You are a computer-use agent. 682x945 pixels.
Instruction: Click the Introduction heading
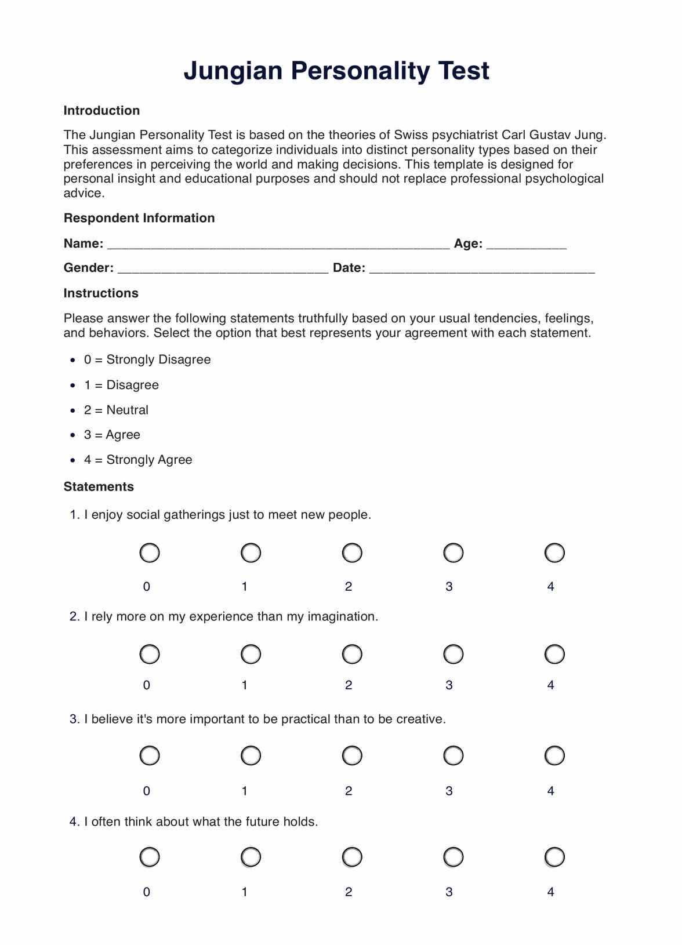(101, 111)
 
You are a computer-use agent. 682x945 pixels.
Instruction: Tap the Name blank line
(278, 245)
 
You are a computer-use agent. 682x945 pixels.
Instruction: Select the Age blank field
(526, 245)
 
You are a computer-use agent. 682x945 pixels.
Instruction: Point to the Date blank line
(481, 269)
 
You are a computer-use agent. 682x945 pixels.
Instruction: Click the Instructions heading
(101, 293)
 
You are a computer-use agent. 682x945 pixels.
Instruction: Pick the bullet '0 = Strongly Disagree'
(147, 360)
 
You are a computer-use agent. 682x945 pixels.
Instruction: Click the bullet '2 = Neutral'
(116, 410)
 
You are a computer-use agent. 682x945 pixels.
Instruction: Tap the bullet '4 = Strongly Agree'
(138, 460)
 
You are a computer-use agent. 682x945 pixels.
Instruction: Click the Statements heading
(99, 487)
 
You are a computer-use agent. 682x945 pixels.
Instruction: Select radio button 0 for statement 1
(150, 553)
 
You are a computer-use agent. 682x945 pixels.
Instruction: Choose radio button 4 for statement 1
(554, 553)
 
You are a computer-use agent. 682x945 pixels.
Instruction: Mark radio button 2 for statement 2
(352, 655)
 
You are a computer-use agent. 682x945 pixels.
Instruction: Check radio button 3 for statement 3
(453, 756)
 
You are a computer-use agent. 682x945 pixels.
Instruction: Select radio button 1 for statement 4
(251, 857)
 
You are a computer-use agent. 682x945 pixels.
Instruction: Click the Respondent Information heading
(139, 219)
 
